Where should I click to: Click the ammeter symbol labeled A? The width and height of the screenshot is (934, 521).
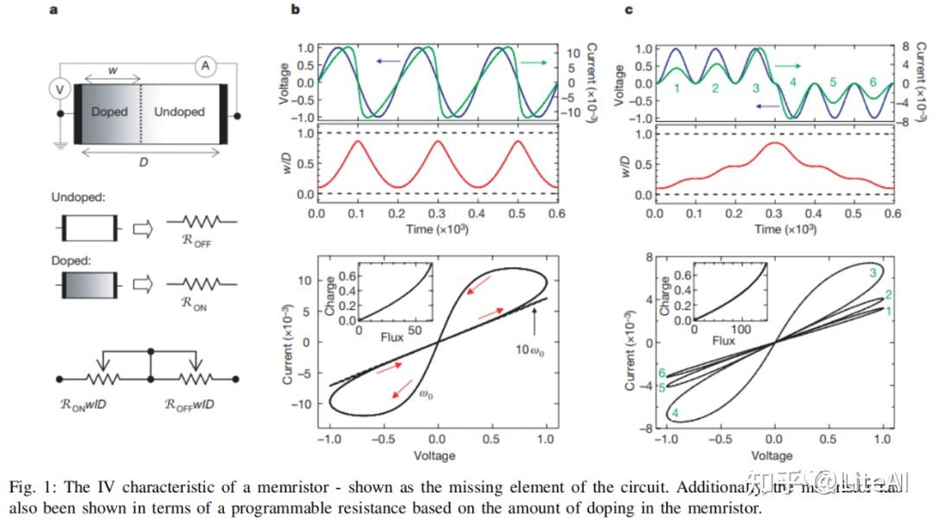tap(205, 65)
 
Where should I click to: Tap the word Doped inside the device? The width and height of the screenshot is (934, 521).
tap(109, 112)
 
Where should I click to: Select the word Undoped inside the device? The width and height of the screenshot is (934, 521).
tap(179, 112)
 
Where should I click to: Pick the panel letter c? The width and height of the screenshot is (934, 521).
tap(628, 10)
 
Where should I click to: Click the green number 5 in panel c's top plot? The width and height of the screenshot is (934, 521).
tap(833, 83)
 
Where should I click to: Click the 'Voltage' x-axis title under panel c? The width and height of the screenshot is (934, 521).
tap(772, 455)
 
